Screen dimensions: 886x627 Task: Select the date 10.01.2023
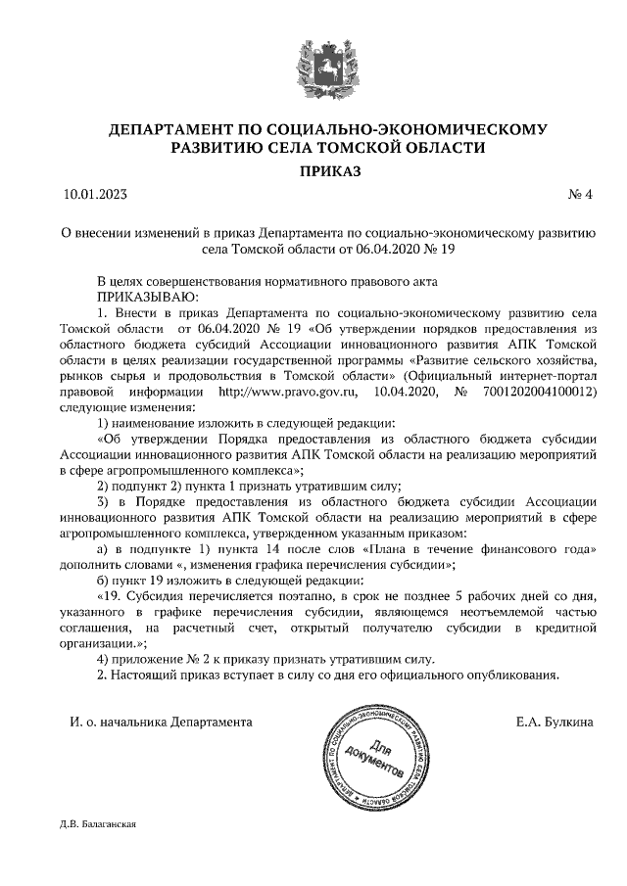(95, 194)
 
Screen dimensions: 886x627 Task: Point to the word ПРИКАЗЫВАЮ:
(147, 296)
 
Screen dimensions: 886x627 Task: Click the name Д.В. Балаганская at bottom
(97, 823)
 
